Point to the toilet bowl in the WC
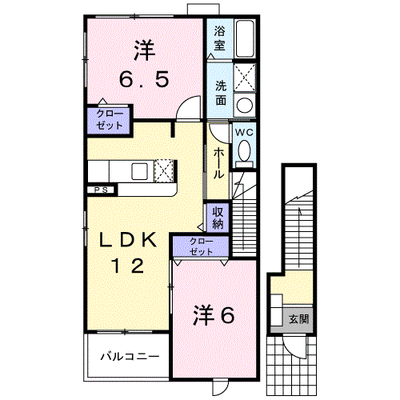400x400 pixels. (244, 150)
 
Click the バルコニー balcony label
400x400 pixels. (130, 355)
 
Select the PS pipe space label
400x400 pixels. (101, 190)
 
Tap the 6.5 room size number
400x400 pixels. (144, 80)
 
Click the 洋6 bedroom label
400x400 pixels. (214, 316)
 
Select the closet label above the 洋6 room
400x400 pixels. (201, 246)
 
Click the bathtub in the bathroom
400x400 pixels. (244, 37)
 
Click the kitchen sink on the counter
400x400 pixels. (139, 170)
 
